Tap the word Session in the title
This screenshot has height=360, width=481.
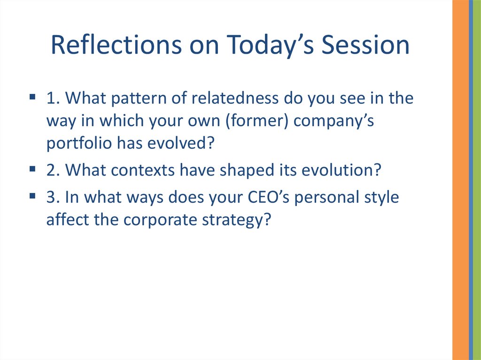coord(365,45)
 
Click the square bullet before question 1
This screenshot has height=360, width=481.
coord(32,97)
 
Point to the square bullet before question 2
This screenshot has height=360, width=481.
coord(32,169)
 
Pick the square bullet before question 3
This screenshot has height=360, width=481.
coord(32,196)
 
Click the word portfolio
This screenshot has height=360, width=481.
coord(79,144)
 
